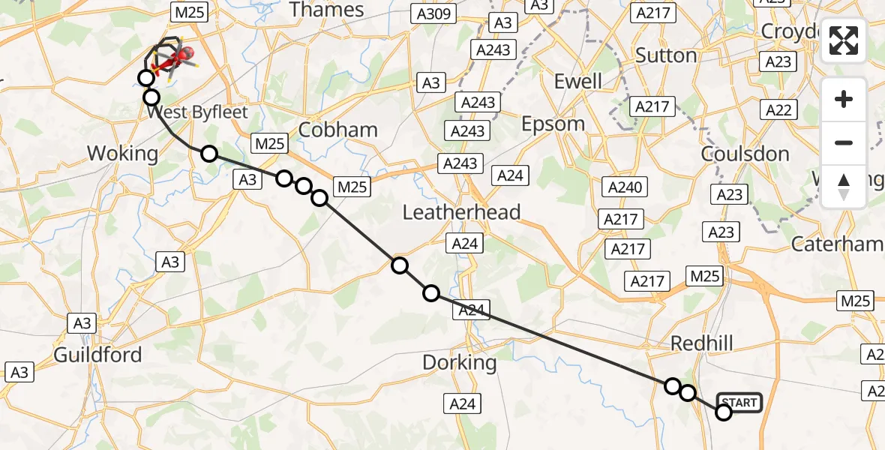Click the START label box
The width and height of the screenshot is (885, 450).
[x=739, y=403]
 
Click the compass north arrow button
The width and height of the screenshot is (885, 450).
[x=844, y=187]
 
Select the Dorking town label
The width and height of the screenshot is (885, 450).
[x=460, y=362]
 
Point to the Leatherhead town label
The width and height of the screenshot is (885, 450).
[x=461, y=212]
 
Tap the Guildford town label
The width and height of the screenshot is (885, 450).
[x=97, y=354]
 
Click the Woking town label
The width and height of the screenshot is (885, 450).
[x=123, y=154]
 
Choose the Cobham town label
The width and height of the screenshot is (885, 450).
[x=337, y=130]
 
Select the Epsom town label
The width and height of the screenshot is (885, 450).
[x=553, y=124]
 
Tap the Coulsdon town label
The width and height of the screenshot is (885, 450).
[x=745, y=154]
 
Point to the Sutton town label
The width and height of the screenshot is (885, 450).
[x=666, y=55]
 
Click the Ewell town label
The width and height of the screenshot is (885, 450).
[x=577, y=81]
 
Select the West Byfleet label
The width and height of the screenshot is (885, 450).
[x=197, y=113]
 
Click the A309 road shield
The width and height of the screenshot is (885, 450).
[x=431, y=13]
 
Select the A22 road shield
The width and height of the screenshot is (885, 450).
[x=778, y=110]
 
